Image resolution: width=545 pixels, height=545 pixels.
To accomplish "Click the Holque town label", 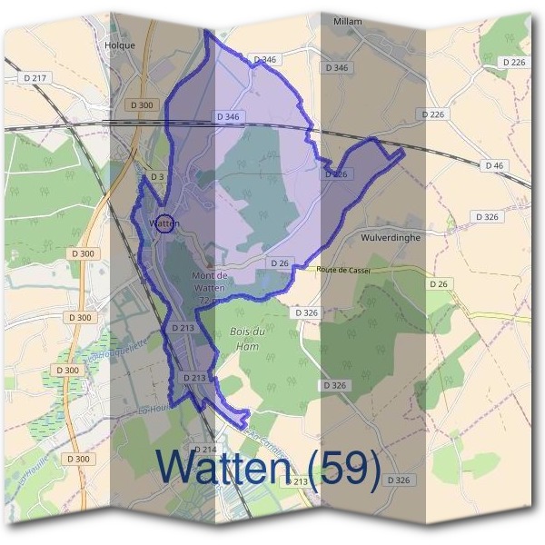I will [120, 45].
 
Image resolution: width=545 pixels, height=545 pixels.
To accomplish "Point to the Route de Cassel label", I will [343, 271].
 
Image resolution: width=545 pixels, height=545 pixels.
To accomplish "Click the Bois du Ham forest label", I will [247, 338].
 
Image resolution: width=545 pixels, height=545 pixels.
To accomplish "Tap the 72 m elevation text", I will [210, 300].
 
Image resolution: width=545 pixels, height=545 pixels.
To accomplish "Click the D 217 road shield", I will [38, 78].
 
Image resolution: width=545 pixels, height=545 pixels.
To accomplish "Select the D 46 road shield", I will [494, 165].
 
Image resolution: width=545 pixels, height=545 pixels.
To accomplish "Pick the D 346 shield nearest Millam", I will [335, 68].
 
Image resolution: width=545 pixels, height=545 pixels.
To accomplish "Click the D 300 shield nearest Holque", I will [143, 105].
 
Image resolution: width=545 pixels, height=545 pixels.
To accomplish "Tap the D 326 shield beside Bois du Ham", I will [307, 312].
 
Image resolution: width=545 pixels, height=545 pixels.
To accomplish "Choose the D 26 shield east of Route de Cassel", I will [439, 284].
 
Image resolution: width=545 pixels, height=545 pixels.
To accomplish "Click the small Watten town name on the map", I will [164, 223].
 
